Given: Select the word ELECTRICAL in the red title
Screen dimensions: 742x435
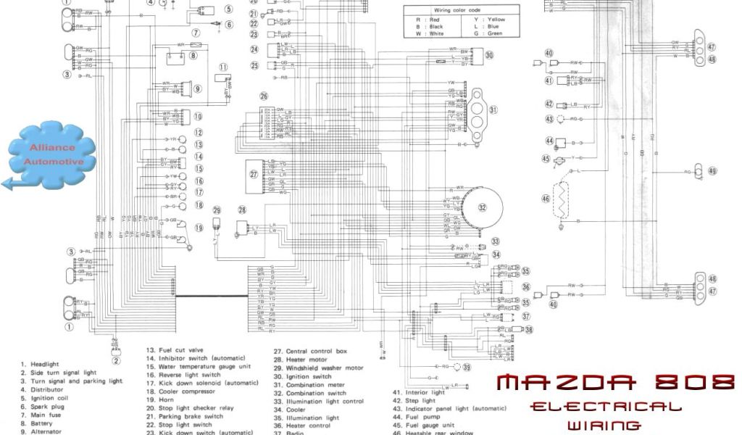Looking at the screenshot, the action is (605, 407).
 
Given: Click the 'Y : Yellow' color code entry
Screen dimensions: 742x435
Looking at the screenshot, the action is (488, 20).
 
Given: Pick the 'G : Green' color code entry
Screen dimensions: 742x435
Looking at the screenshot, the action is (488, 33).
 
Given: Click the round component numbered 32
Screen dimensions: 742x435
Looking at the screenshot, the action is (481, 207).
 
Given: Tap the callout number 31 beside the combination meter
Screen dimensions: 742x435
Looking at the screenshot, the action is (493, 110).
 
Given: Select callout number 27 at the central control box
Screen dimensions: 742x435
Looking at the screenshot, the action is (254, 174).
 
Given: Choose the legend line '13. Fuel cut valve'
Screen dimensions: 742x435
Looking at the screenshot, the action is (175, 350).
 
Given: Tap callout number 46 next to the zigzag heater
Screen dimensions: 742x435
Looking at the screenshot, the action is (546, 198).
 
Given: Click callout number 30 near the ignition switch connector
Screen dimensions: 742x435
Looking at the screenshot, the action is (489, 55).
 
